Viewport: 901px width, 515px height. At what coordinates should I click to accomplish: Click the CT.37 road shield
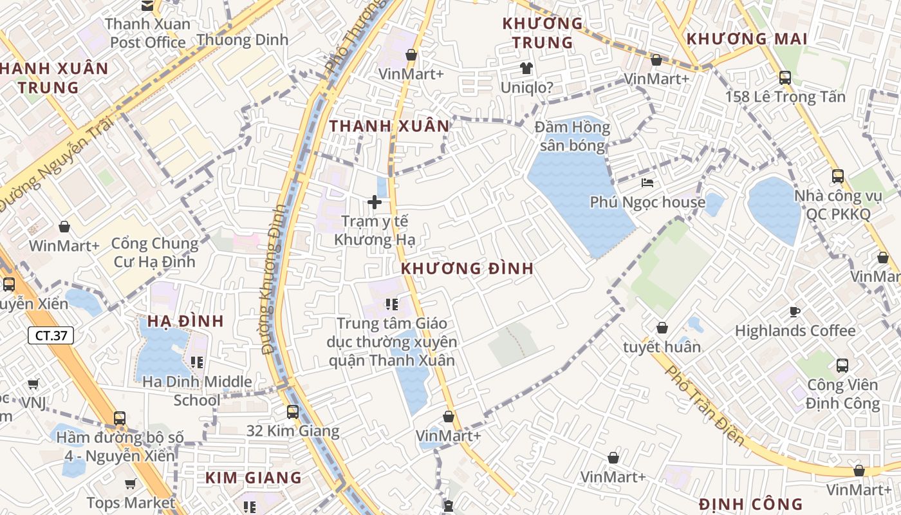(51, 335)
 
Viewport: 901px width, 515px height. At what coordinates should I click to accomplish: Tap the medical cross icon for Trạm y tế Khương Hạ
(374, 202)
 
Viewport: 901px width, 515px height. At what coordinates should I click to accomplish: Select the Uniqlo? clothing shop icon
(526, 68)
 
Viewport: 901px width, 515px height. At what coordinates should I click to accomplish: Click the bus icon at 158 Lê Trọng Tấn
(785, 77)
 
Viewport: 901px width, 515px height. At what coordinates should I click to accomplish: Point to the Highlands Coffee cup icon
(795, 312)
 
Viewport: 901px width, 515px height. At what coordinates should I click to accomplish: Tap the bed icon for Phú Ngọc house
(647, 183)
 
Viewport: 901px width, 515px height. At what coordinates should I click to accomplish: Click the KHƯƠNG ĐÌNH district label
(467, 268)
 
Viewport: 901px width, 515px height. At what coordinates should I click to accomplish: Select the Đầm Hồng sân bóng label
(572, 136)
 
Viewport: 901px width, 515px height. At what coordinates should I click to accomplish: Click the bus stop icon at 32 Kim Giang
(293, 411)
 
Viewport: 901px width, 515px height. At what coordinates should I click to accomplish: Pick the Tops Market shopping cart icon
(131, 483)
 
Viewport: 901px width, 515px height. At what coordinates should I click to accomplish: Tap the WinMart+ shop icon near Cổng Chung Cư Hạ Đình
(64, 227)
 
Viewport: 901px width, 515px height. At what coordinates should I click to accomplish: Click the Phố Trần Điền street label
(705, 406)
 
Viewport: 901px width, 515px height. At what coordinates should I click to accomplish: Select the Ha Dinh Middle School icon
(197, 362)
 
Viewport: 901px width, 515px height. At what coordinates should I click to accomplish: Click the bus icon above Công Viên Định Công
(842, 366)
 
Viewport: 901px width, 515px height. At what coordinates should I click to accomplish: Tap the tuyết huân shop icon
(662, 328)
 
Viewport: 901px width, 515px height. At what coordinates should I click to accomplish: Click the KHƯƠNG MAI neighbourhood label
(747, 39)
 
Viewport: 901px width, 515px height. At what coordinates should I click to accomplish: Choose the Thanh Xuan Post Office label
(148, 33)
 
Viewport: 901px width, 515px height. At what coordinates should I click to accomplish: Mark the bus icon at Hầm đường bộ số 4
(120, 418)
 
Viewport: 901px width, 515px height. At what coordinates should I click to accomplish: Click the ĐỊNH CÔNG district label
(750, 504)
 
